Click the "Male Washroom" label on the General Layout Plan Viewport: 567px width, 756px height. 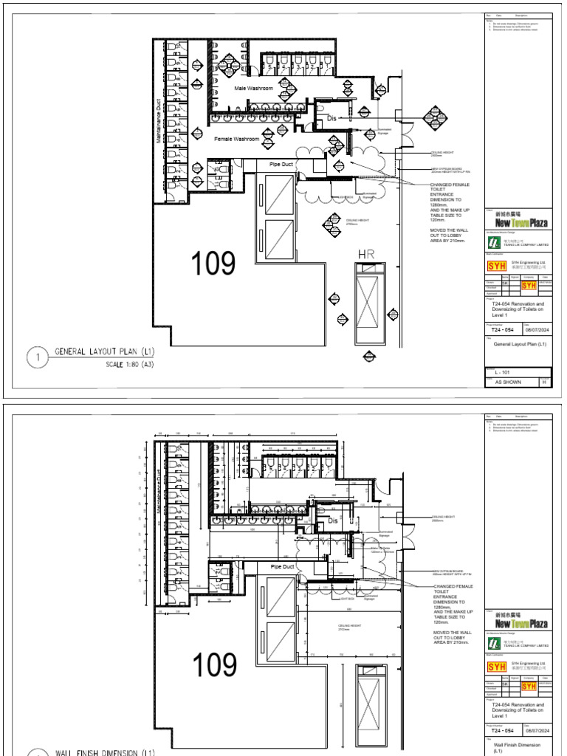click(253, 89)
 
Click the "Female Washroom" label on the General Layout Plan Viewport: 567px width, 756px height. click(236, 139)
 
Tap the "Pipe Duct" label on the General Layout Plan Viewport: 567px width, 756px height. click(282, 164)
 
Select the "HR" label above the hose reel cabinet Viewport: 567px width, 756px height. click(367, 255)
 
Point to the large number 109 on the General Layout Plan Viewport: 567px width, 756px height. click(213, 264)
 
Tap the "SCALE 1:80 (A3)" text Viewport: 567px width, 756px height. click(135, 365)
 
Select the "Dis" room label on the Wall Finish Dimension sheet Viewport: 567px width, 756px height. click(332, 520)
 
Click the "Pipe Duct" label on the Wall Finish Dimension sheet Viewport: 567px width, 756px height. click(282, 566)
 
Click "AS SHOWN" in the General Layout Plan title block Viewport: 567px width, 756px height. click(504, 382)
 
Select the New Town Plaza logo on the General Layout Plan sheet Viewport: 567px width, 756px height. click(520, 222)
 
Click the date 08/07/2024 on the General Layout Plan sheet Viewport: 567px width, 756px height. click(537, 331)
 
